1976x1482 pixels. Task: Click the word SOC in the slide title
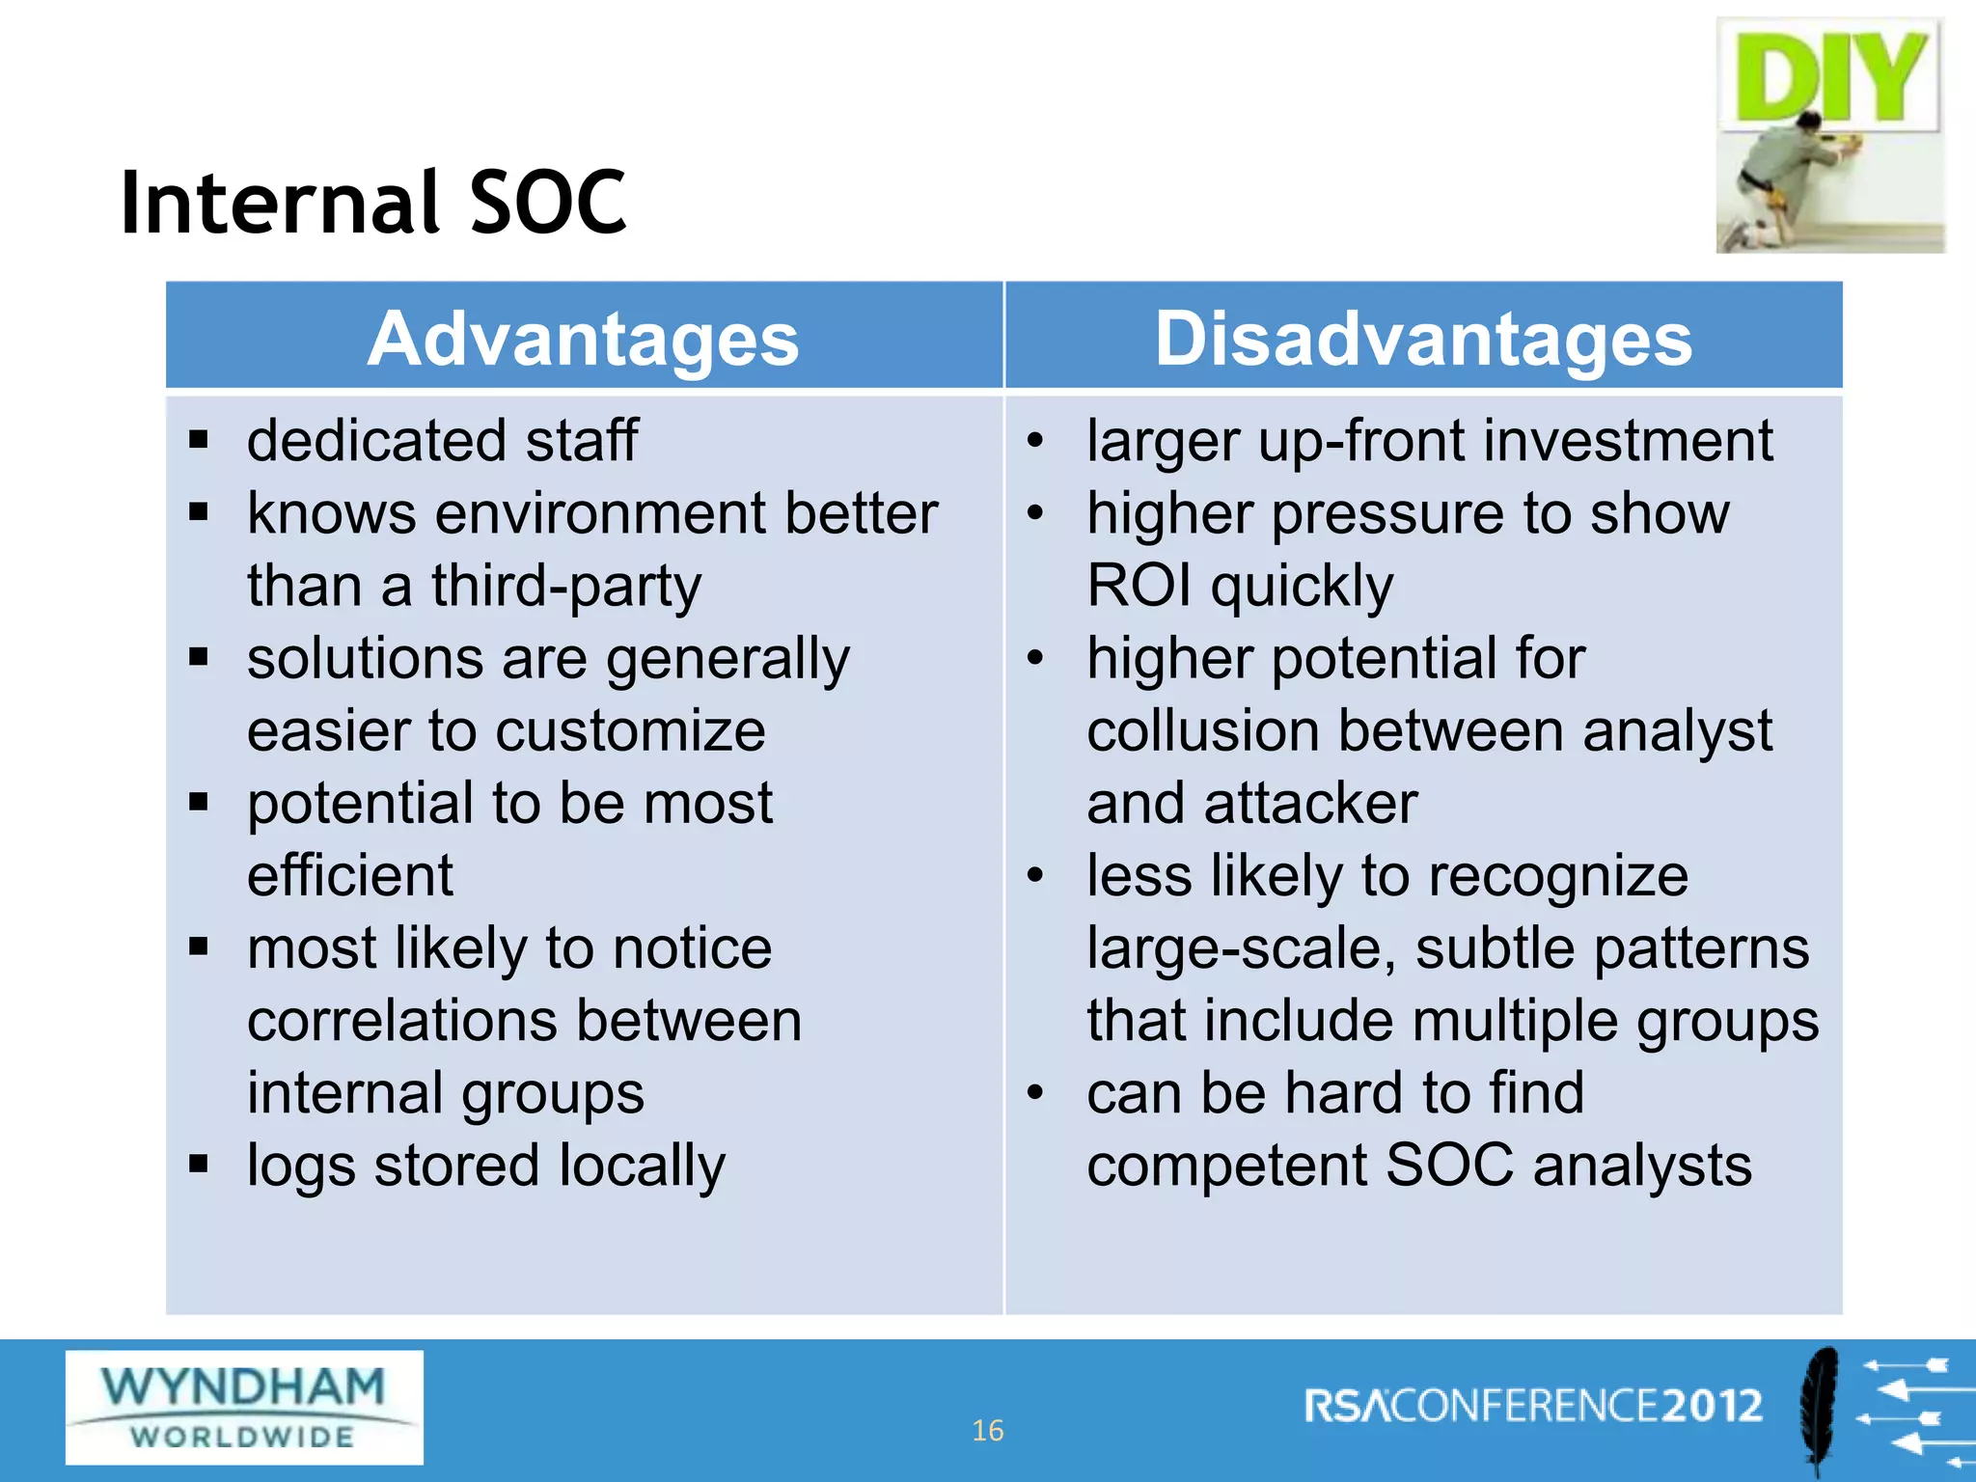coord(547,203)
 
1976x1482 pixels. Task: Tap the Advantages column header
coord(583,340)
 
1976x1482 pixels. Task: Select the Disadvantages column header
coord(1423,340)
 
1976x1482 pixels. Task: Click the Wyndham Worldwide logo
coord(244,1407)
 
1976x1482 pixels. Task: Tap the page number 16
coord(987,1430)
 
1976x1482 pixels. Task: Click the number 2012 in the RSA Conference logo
coord(1712,1406)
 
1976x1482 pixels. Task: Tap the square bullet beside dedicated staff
coord(199,441)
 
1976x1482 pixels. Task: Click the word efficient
coord(349,876)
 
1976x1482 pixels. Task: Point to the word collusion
coord(1202,731)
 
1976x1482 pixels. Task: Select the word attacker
coord(1310,804)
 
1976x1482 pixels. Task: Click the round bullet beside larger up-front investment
coord(1035,441)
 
